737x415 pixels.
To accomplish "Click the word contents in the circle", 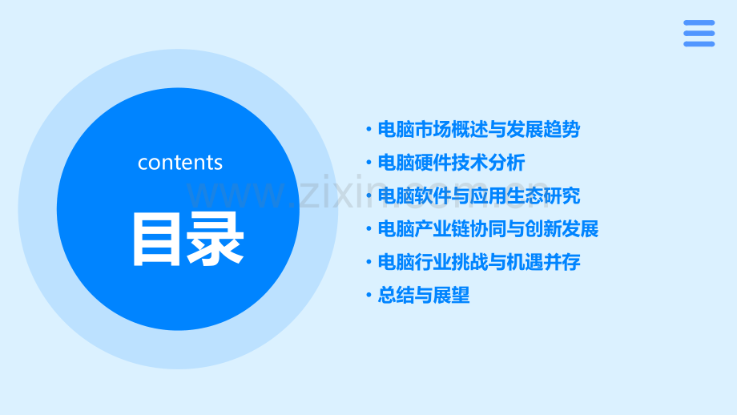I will [180, 163].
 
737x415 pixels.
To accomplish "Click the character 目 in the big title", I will [157, 239].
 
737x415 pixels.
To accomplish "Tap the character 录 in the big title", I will [215, 239].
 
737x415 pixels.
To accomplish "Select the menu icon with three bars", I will [699, 33].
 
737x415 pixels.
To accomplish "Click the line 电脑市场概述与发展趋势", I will [478, 130].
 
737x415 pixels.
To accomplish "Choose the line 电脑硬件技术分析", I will [451, 163].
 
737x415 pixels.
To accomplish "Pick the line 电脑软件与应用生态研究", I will [478, 196].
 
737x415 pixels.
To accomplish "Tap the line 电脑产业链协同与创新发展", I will [488, 229].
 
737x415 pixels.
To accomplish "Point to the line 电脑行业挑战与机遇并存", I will [478, 262].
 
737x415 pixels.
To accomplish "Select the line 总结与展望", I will [423, 296].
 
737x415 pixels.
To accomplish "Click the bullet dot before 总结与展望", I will [368, 296].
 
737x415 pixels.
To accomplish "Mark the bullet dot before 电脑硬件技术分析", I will [368, 163].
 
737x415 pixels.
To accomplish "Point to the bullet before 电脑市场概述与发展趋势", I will [368, 130].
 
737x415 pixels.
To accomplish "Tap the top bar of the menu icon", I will [699, 22].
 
